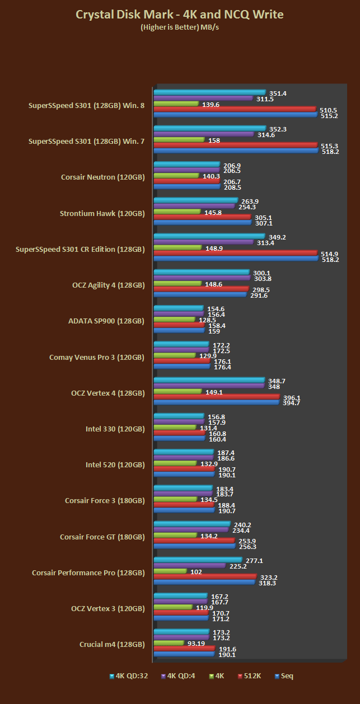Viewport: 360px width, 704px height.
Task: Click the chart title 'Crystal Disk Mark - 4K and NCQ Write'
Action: point(179,14)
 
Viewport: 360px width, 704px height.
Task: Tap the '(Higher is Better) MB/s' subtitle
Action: point(179,27)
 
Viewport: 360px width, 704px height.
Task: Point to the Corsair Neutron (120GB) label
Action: point(102,177)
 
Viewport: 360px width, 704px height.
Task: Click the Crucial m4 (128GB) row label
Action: point(112,644)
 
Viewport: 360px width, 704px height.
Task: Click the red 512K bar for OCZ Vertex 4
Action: point(216,397)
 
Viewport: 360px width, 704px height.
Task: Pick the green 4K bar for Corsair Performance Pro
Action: point(170,571)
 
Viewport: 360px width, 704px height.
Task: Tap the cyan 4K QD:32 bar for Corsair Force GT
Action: point(192,524)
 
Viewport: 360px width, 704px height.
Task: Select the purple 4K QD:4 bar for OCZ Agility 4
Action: point(202,278)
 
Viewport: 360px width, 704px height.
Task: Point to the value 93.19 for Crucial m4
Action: point(196,643)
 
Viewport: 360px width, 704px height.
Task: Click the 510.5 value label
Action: point(328,110)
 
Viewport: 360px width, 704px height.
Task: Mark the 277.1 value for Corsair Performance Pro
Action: point(255,560)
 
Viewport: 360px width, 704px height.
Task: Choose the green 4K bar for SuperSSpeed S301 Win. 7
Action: point(179,140)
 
